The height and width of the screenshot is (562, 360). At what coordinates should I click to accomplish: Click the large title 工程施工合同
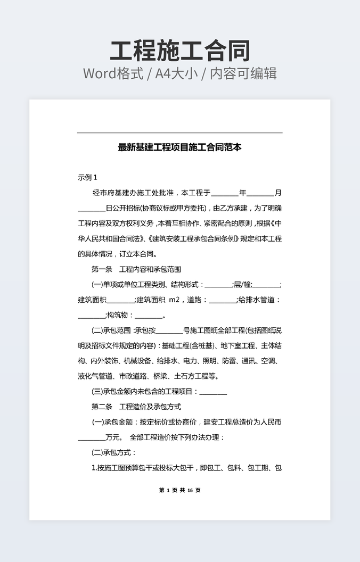click(x=180, y=51)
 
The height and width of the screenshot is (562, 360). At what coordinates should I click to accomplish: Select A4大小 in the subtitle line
click(x=176, y=73)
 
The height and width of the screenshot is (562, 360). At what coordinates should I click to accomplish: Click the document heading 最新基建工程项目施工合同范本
click(x=180, y=147)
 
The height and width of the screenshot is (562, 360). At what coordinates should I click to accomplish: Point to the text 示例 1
click(x=87, y=178)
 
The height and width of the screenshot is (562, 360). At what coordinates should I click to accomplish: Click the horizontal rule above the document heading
click(x=180, y=133)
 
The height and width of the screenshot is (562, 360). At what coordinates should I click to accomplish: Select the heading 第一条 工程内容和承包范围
click(x=136, y=269)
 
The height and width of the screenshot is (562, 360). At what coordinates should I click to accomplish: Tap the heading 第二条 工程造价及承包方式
click(x=136, y=407)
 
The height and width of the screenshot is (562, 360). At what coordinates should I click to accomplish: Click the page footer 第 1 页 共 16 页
click(x=180, y=490)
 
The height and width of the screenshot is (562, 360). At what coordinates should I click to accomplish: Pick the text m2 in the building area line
click(x=175, y=300)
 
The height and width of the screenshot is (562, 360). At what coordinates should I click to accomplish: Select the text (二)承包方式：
click(x=114, y=453)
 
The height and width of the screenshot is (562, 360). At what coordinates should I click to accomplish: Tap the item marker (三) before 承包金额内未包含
click(x=97, y=392)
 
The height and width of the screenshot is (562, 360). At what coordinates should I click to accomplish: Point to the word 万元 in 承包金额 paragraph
click(x=112, y=437)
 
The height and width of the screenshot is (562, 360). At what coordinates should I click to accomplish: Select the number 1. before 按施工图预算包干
click(x=94, y=468)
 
